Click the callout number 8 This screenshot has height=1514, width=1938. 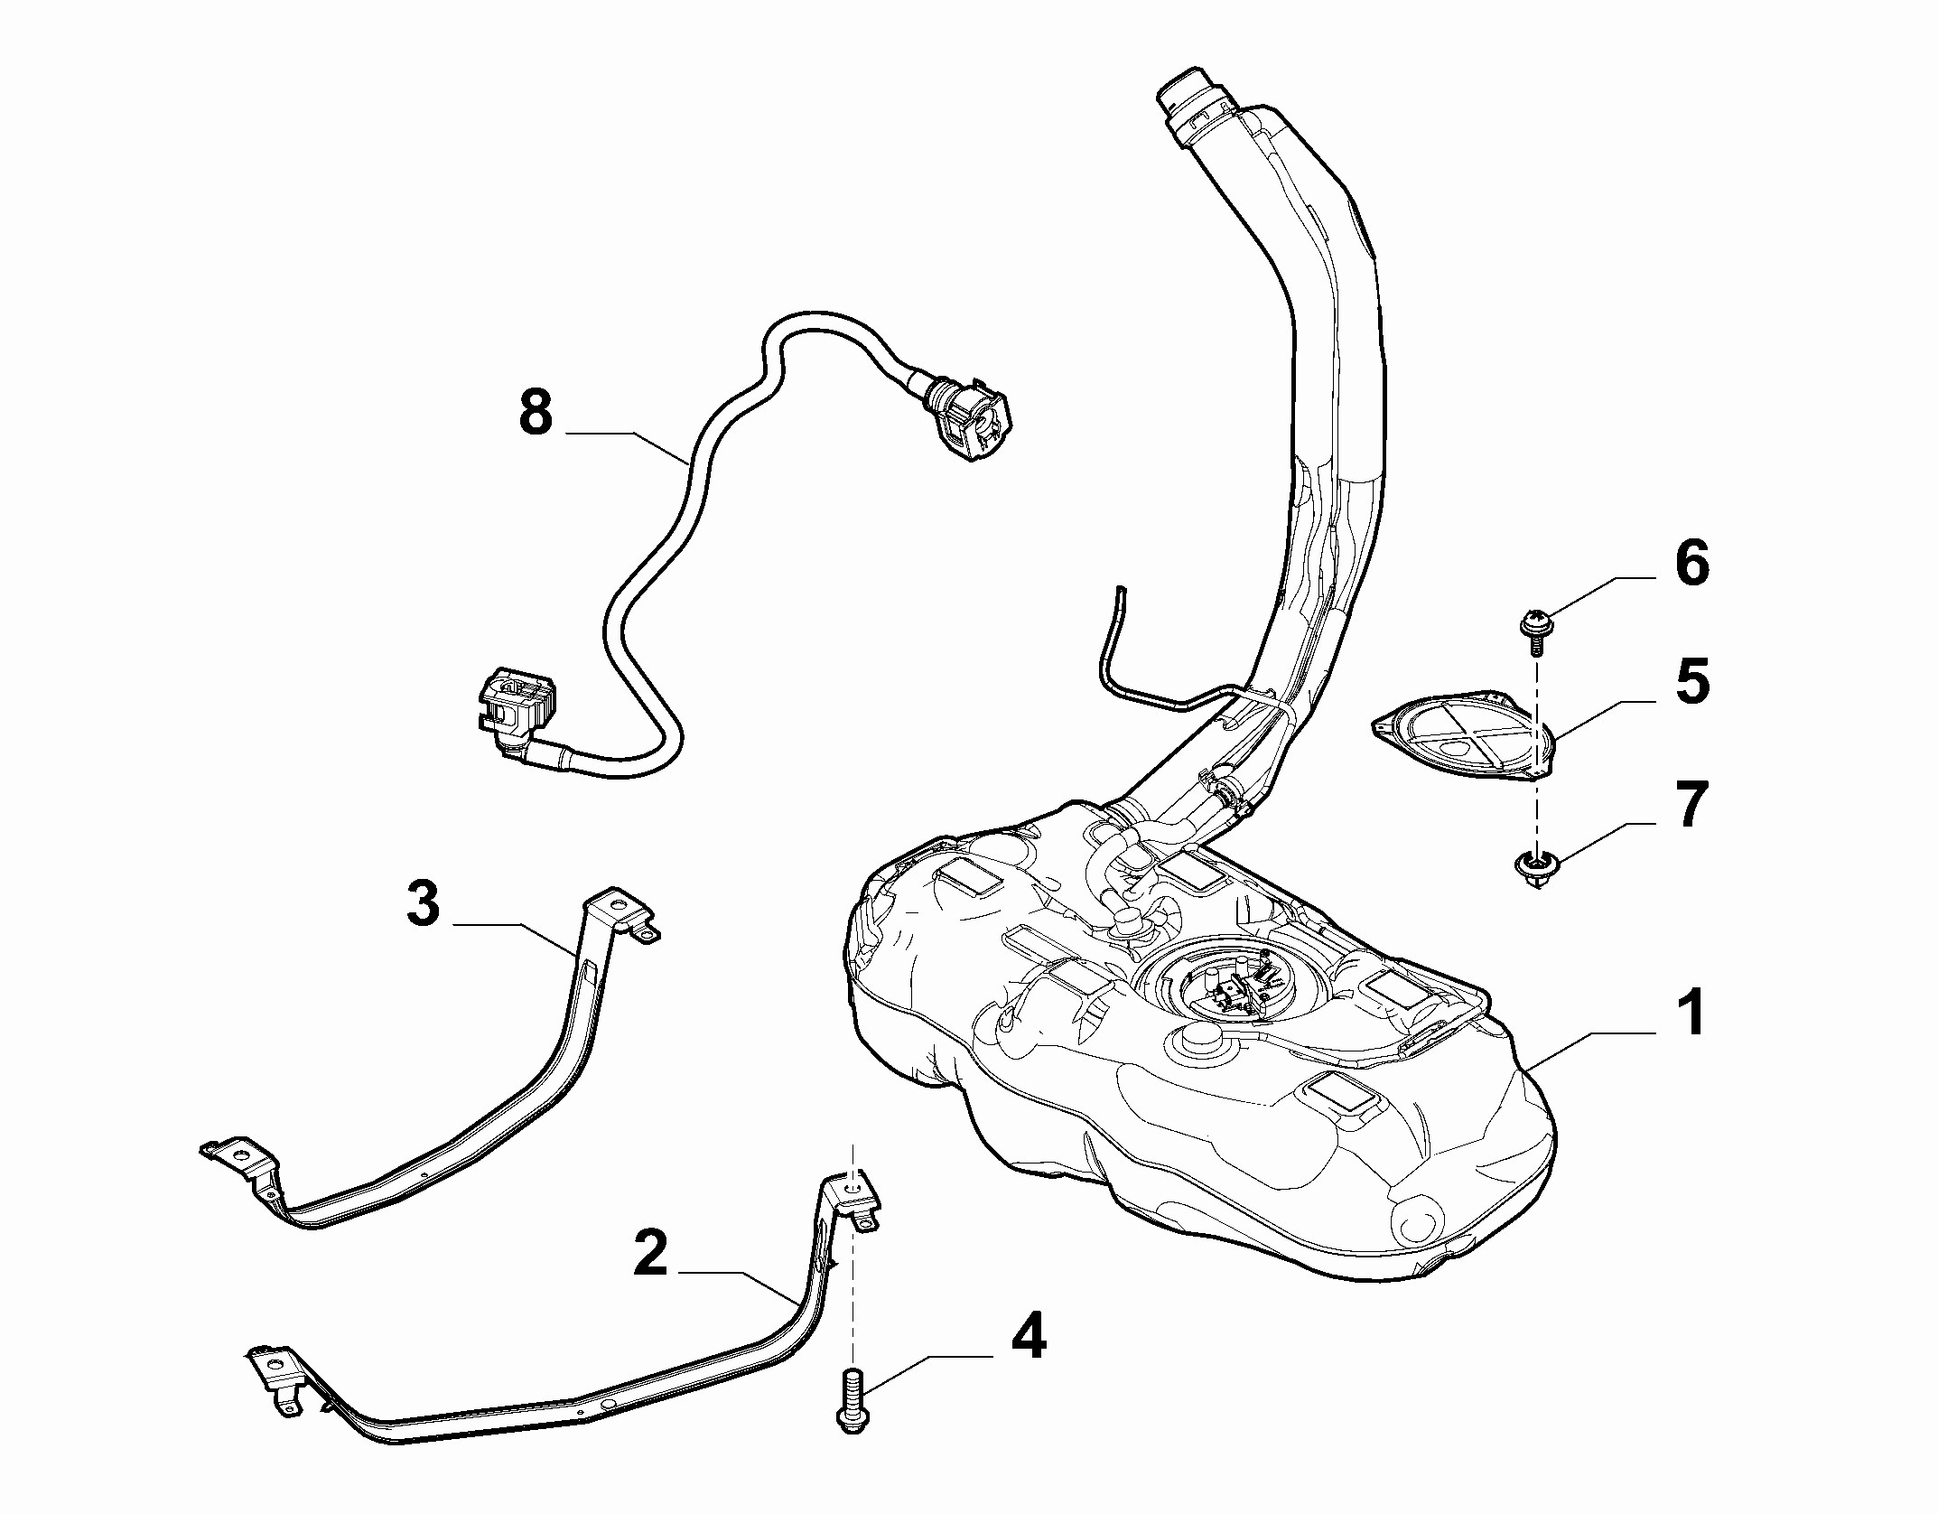pyautogui.click(x=536, y=413)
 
